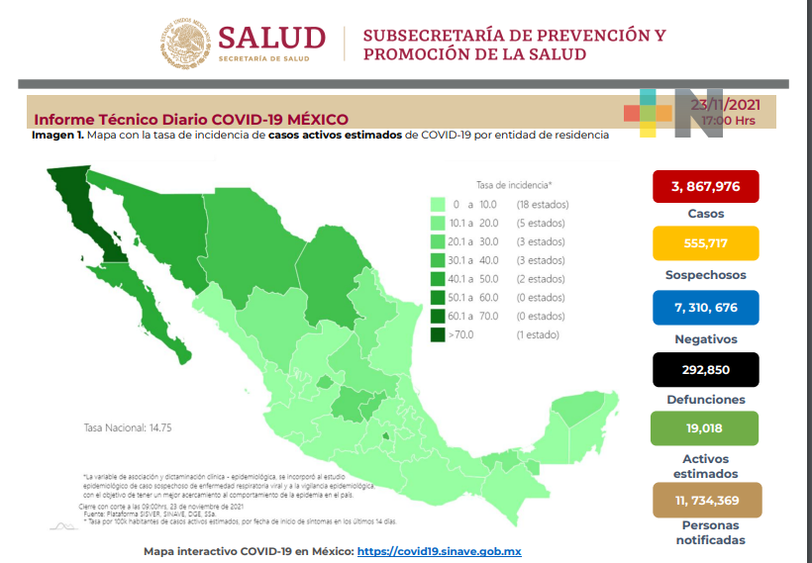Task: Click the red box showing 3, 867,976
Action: point(705,186)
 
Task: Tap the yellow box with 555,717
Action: point(705,243)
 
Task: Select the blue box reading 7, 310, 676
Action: point(705,308)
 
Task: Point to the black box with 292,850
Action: point(705,369)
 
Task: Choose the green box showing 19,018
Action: point(705,429)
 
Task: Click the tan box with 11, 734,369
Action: point(705,501)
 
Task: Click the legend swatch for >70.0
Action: point(438,335)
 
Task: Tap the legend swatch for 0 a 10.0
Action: point(438,205)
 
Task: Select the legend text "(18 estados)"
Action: point(541,205)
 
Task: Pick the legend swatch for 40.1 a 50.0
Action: point(438,279)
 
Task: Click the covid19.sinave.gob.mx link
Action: point(439,551)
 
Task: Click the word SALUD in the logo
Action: point(271,39)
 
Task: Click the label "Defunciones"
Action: point(705,400)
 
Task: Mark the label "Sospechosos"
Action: point(705,275)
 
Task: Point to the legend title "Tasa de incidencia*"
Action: point(514,185)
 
